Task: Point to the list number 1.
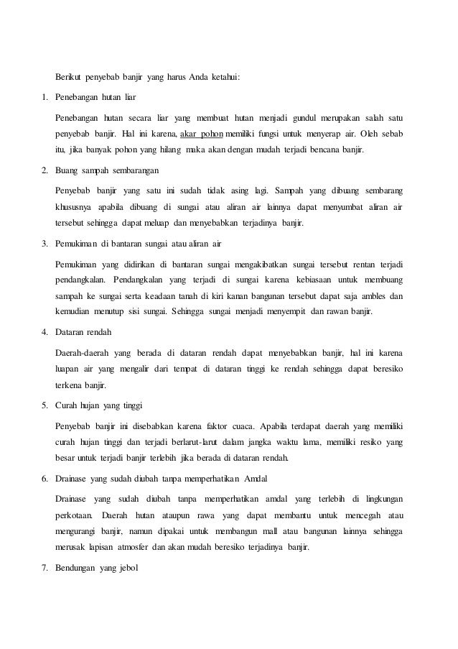point(42,97)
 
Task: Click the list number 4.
point(42,332)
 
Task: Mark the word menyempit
point(289,313)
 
